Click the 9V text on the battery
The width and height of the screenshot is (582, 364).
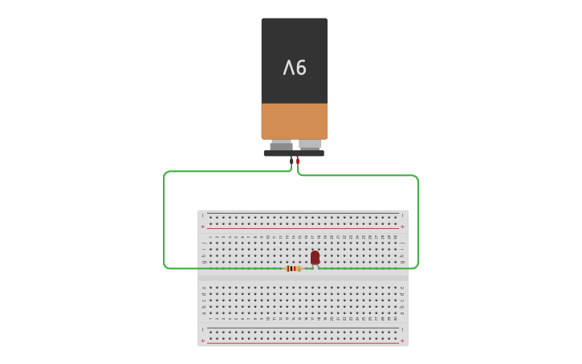[295, 68]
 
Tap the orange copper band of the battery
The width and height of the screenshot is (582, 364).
[295, 121]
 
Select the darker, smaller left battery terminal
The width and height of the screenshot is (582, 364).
[281, 145]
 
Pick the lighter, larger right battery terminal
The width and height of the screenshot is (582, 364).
[310, 145]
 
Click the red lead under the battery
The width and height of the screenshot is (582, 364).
[298, 161]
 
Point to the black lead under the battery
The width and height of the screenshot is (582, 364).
[291, 161]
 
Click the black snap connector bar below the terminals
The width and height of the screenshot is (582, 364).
[294, 153]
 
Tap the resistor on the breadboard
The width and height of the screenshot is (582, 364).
[293, 268]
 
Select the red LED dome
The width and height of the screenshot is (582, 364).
[315, 257]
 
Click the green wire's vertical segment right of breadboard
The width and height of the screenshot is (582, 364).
[418, 221]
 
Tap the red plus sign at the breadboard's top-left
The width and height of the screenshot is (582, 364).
[202, 227]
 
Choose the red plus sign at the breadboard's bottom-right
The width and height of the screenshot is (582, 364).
[402, 341]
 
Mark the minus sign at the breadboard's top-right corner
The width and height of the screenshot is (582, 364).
[402, 215]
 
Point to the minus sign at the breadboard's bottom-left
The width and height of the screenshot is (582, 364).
[202, 329]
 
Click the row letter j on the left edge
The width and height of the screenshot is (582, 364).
[203, 237]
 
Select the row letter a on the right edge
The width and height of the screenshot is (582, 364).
[402, 319]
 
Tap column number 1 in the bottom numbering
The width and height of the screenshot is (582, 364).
[210, 319]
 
